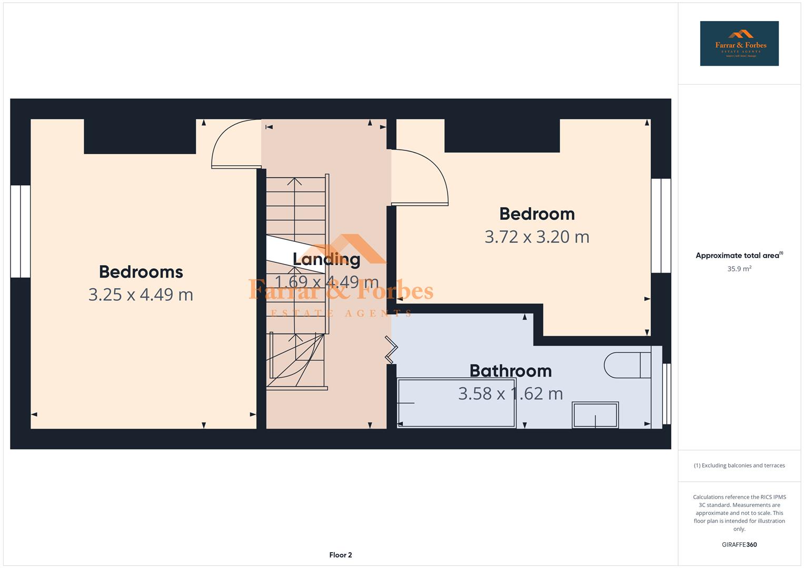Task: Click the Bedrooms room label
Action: (x=141, y=272)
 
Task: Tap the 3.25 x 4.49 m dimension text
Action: (x=141, y=295)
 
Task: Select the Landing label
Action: (x=326, y=259)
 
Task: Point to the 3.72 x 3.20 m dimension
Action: (x=537, y=237)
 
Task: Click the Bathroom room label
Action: (x=510, y=371)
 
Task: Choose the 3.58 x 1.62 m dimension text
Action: (x=510, y=394)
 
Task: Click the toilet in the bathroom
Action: (x=627, y=365)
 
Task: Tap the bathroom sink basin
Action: (x=595, y=414)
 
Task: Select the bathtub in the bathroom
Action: (x=456, y=403)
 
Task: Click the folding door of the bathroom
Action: (x=392, y=349)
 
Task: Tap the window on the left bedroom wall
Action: (x=21, y=231)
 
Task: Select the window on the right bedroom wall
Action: (x=661, y=226)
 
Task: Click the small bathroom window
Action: (x=667, y=393)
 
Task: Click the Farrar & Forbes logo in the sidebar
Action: (x=739, y=44)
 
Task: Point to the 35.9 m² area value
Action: (x=739, y=269)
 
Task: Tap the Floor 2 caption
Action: (x=341, y=555)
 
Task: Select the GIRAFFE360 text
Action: (x=739, y=545)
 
